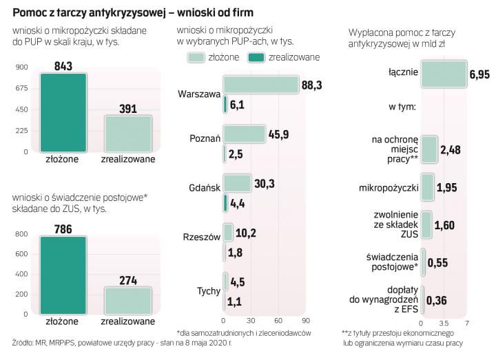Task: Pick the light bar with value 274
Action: [x=127, y=300]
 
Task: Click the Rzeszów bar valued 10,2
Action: [x=228, y=232]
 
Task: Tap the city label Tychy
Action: [x=208, y=290]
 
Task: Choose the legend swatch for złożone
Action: [x=195, y=56]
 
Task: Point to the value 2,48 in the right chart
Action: [x=451, y=150]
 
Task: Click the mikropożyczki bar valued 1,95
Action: [x=427, y=187]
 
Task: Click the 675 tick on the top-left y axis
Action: [x=20, y=88]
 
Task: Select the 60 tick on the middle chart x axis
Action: [x=278, y=321]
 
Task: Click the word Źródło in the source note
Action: [x=25, y=342]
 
